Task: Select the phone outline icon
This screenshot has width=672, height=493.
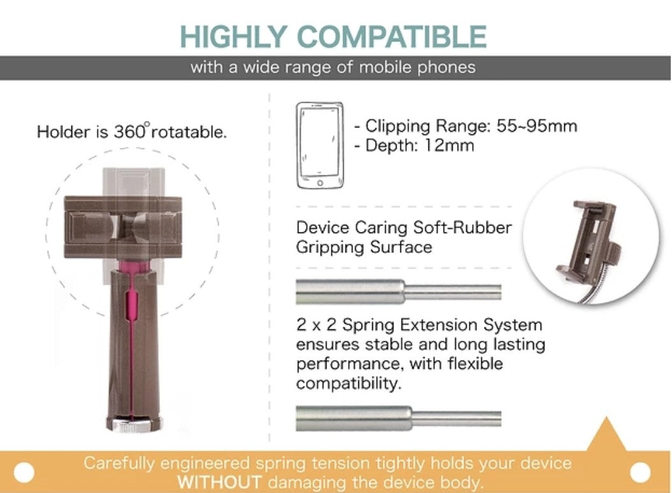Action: point(319,146)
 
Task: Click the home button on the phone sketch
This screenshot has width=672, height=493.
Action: point(320,183)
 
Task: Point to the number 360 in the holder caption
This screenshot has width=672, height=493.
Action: point(129,132)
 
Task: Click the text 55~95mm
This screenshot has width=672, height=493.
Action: point(537,126)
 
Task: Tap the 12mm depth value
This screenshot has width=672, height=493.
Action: point(449,146)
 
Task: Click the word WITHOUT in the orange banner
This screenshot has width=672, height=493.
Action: point(219,482)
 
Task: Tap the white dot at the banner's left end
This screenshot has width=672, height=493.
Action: point(24,473)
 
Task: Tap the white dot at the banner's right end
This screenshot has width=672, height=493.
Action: point(640,473)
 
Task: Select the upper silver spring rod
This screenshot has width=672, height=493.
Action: point(398,292)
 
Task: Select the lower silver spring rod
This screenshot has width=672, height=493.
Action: point(398,418)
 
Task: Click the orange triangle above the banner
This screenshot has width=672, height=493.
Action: point(606,434)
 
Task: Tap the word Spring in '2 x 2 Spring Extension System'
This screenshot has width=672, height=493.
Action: point(368,325)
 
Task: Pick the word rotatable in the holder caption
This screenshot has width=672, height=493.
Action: point(189,132)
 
